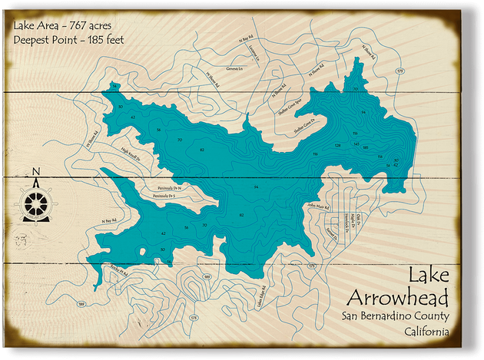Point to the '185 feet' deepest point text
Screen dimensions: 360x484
pyautogui.click(x=104, y=39)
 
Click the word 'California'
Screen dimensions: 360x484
pyautogui.click(x=426, y=332)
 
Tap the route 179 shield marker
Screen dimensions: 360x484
pyautogui.click(x=399, y=71)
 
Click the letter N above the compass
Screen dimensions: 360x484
pyautogui.click(x=36, y=171)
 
